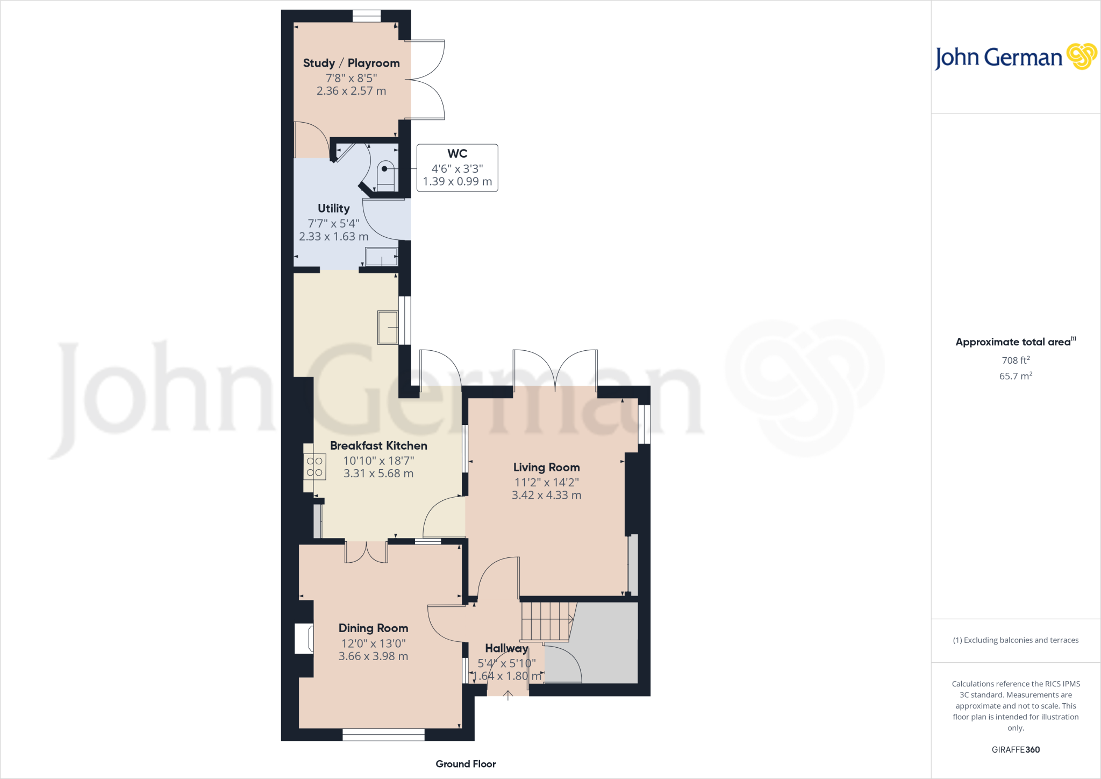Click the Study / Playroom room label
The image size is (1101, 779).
351,63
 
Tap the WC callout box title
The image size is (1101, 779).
457,153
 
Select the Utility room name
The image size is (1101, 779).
333,208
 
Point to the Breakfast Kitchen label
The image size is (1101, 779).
378,445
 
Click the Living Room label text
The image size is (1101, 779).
546,467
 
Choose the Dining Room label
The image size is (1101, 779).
373,628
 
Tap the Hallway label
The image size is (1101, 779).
506,648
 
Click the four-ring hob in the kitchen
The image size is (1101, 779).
314,467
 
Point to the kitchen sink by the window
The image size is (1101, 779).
388,327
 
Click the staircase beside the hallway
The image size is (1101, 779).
546,621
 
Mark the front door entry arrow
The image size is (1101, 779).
507,695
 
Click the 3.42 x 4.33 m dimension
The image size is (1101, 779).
546,495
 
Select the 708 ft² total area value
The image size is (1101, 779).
1016,360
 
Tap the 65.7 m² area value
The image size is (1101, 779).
1016,376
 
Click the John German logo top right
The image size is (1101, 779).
1016,57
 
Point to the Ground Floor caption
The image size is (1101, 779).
466,764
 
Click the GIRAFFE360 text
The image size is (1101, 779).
1016,749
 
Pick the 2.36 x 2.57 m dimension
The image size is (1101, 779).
351,91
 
